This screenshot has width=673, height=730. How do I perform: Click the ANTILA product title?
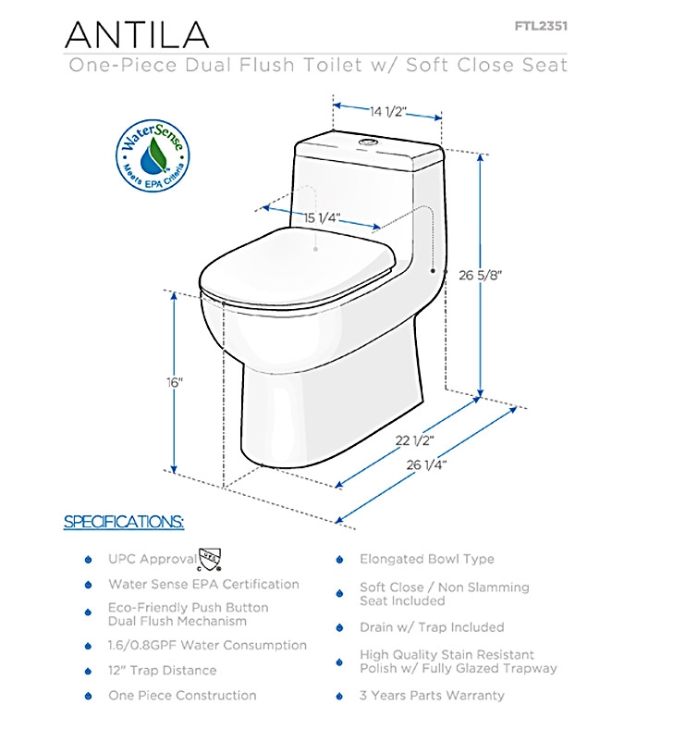click(137, 34)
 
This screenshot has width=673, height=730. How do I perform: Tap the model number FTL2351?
click(541, 26)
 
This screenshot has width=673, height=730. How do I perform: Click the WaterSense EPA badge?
click(153, 155)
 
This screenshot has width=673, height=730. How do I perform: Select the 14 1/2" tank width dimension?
click(388, 112)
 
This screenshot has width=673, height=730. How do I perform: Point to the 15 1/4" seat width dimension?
click(323, 217)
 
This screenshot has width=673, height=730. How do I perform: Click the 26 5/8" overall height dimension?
click(481, 275)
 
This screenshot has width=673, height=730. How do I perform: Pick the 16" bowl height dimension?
click(175, 382)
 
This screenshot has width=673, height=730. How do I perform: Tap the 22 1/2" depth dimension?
click(415, 440)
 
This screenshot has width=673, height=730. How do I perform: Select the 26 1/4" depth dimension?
click(426, 464)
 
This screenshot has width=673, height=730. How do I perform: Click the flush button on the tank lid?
click(367, 141)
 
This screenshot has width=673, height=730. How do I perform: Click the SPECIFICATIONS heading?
click(124, 522)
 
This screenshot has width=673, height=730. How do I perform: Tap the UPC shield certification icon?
click(210, 560)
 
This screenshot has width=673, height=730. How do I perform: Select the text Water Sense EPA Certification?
click(203, 585)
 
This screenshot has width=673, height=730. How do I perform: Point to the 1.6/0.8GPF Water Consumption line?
click(207, 645)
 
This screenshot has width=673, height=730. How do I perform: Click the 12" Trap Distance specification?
click(163, 671)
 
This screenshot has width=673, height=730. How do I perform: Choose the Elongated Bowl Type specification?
click(427, 559)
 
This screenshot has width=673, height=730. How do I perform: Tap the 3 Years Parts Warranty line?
click(432, 696)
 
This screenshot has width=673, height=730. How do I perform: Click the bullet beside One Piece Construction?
click(88, 696)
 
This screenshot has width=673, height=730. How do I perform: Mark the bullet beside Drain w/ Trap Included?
click(339, 627)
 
